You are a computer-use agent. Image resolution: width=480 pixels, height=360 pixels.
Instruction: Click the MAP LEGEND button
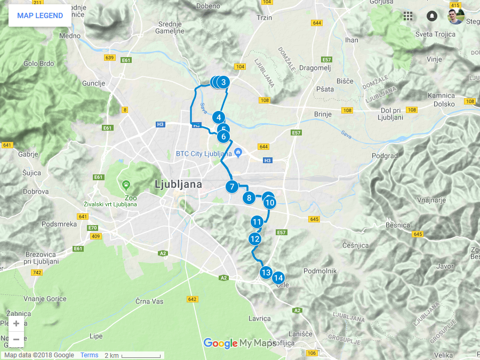point(40,15)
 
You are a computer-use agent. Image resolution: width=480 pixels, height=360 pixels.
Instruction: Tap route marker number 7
point(231,187)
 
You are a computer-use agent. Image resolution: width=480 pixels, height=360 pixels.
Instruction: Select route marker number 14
point(278,277)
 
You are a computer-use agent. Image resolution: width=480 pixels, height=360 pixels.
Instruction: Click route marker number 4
point(218,117)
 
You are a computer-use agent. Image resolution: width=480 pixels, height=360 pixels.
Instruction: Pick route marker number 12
point(255,238)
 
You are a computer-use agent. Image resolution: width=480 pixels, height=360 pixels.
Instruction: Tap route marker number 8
point(249,198)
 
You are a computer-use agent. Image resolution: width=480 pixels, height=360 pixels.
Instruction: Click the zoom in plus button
point(17,323)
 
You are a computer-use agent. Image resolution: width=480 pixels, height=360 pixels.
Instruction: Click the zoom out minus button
point(17,339)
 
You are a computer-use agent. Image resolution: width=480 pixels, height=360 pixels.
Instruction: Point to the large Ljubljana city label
point(178,185)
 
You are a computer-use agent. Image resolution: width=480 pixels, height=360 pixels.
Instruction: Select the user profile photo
point(455,16)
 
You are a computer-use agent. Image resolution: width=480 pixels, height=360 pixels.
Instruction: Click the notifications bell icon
point(431,16)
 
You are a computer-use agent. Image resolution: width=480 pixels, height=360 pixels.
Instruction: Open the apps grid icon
point(408,16)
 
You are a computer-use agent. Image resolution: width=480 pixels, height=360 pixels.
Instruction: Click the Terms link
point(89,355)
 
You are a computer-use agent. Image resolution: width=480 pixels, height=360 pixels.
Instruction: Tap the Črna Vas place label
point(149,301)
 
